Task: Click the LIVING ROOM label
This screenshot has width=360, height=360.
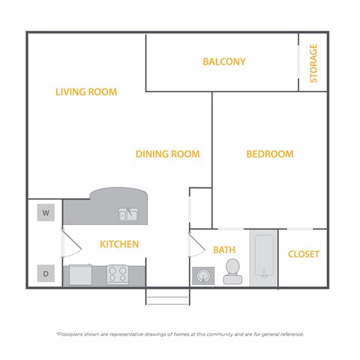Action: tap(86, 92)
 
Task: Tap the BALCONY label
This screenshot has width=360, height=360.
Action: tap(223, 61)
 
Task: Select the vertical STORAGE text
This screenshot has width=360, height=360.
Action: tap(313, 63)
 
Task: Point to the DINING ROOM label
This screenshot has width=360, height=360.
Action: tap(167, 154)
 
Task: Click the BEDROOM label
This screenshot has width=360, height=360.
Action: tap(269, 154)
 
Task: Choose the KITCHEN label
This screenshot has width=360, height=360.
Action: tap(119, 244)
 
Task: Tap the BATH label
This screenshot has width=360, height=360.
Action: tap(224, 250)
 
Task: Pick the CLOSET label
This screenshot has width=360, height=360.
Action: tap(304, 254)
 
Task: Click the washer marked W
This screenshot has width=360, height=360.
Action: tap(46, 213)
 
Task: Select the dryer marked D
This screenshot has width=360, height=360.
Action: tap(46, 274)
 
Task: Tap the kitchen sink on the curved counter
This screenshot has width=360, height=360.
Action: tap(127, 215)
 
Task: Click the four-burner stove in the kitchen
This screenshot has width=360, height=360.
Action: tap(117, 274)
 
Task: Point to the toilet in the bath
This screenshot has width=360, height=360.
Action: tap(232, 271)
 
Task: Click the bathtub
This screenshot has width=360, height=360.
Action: tap(263, 257)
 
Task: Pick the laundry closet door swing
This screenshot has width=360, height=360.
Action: tap(68, 244)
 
